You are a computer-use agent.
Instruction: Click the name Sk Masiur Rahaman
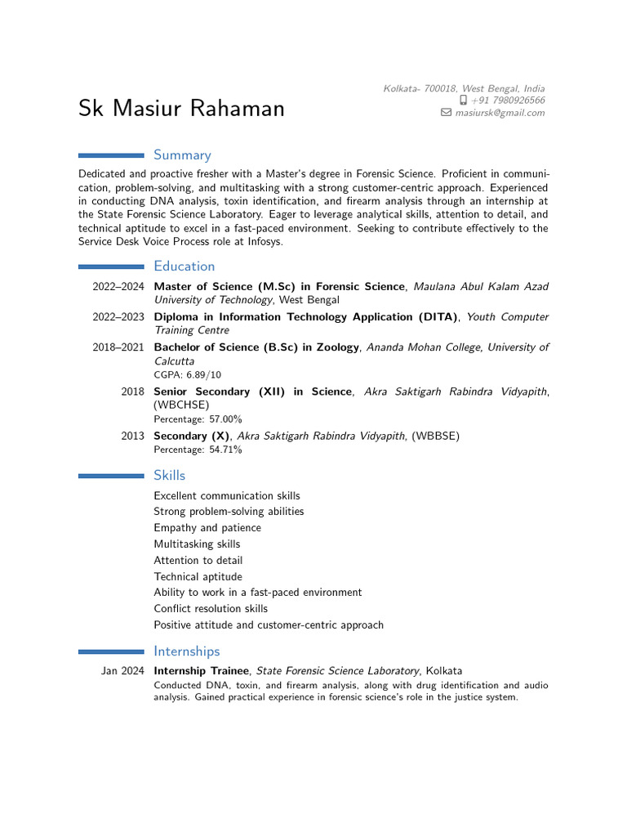pos(181,108)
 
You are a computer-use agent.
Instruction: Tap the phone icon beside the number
pos(463,101)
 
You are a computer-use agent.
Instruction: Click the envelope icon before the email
pos(446,113)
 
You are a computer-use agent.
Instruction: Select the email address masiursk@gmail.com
pos(500,113)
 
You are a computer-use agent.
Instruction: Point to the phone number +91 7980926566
pos(508,101)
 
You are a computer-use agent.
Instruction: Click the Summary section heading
pos(182,154)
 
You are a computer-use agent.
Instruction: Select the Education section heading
pos(185,266)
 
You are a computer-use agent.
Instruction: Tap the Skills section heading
pos(169,475)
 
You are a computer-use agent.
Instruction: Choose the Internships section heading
pos(187,651)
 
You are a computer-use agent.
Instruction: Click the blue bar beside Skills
pos(111,475)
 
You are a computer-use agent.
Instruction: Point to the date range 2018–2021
pos(118,347)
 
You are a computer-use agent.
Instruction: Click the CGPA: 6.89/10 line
pos(187,374)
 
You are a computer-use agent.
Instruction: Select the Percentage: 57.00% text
pos(198,419)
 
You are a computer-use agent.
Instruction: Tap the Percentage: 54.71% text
pos(198,450)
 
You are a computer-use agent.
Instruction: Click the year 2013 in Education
pos(133,436)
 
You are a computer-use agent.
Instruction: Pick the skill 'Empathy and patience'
pos(207,528)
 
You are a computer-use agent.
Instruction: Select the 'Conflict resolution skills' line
pos(211,609)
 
